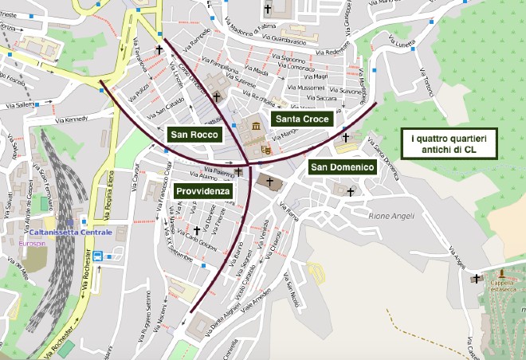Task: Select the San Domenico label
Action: click(342, 167)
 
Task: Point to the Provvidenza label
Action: click(203, 192)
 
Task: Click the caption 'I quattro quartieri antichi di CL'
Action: click(449, 145)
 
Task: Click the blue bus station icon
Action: click(97, 256)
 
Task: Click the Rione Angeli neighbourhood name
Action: click(393, 215)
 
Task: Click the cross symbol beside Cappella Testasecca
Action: click(477, 278)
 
